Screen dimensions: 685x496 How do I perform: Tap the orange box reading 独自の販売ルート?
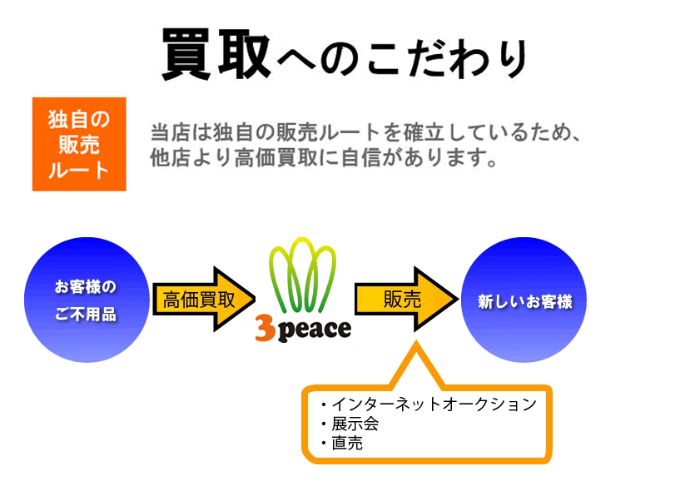click(79, 144)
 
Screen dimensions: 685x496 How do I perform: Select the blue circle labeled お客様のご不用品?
click(87, 300)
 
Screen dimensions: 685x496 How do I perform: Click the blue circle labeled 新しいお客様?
click(524, 300)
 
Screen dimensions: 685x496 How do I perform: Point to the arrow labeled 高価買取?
click(204, 300)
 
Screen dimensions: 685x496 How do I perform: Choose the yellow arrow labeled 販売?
click(406, 300)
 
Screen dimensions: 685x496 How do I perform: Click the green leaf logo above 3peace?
click(302, 275)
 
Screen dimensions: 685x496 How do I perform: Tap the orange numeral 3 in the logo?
click(266, 330)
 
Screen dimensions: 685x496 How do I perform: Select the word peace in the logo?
click(314, 330)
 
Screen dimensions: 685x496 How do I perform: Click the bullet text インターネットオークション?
click(434, 404)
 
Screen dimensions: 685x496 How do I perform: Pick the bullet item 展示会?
click(355, 424)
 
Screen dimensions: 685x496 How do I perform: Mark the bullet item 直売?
click(347, 444)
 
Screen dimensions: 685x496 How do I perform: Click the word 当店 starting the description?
click(171, 132)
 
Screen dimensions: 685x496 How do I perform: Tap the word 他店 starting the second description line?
click(171, 157)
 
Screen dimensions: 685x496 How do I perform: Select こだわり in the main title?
click(446, 59)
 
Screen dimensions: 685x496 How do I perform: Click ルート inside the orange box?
click(78, 171)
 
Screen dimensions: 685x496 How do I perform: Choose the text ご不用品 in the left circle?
click(86, 314)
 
